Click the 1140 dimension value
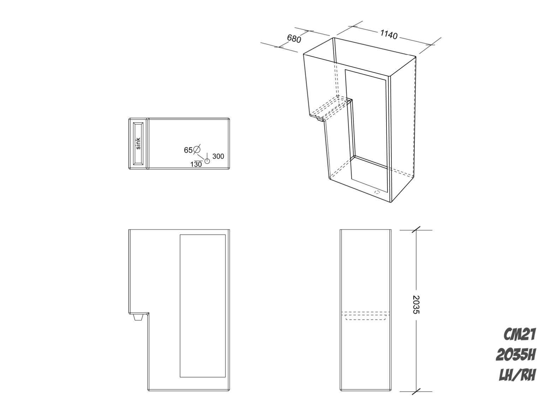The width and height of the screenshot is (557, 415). click(389, 35)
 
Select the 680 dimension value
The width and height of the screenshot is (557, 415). click(294, 39)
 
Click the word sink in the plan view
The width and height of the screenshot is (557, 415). click(138, 144)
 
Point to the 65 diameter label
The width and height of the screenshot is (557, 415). click(188, 150)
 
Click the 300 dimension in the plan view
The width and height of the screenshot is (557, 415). click(218, 156)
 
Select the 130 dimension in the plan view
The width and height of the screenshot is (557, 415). click(196, 164)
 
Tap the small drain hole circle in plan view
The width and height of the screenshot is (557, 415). click(207, 161)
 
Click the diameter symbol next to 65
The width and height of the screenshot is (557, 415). click(197, 149)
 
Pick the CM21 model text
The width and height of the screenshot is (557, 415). click(520, 334)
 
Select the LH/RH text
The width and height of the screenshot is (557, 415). click(517, 375)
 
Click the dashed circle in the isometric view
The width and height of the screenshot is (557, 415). click(377, 192)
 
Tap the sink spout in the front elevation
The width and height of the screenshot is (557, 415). click(138, 317)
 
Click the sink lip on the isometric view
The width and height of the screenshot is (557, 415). click(321, 120)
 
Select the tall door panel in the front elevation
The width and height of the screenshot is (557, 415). click(203, 305)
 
